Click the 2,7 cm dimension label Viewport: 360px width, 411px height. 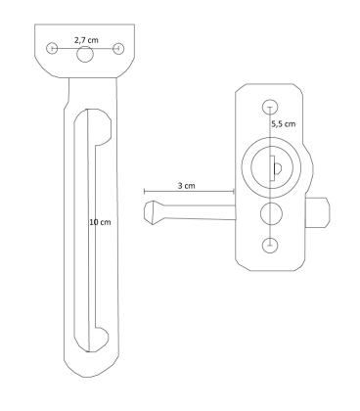pyautogui.click(x=85, y=40)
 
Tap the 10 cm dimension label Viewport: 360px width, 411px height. pyautogui.click(x=99, y=224)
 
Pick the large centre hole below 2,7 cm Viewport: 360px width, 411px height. pyautogui.click(x=86, y=57)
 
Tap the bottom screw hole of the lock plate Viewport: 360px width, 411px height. pyautogui.click(x=270, y=243)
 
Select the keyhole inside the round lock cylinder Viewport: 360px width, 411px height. pyautogui.click(x=276, y=168)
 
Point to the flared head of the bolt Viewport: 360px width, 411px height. pyautogui.click(x=155, y=212)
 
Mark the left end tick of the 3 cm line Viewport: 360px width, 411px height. pyautogui.click(x=144, y=192)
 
